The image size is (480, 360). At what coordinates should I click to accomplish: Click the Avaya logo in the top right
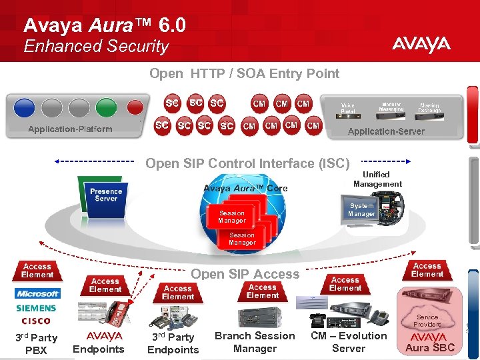point(421,45)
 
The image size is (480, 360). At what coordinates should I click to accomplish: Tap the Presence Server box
point(106,195)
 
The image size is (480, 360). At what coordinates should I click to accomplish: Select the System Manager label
point(361,210)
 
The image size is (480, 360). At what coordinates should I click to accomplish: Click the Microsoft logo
point(37,293)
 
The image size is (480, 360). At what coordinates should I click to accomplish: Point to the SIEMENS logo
point(37,309)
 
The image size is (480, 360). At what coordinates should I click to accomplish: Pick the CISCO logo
point(36,321)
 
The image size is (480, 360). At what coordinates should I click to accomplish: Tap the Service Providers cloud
point(427,321)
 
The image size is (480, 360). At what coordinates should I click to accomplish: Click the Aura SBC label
point(430,347)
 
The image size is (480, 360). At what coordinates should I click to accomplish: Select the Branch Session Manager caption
point(255,342)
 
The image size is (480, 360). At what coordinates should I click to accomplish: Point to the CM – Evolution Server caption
point(349,342)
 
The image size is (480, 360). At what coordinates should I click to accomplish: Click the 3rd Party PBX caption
point(36,344)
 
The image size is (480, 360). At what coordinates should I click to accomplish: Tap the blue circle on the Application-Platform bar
point(24,107)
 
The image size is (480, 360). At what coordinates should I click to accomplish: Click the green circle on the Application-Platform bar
point(106,107)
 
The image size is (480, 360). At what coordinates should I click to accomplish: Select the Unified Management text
point(377,179)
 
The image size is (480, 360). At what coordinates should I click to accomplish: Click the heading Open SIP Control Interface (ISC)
point(247,163)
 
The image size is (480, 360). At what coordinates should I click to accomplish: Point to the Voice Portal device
point(347,108)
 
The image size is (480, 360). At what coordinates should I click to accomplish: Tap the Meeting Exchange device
point(429,107)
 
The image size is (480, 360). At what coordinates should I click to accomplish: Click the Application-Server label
point(386,131)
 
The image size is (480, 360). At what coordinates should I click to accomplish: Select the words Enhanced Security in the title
point(96,47)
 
